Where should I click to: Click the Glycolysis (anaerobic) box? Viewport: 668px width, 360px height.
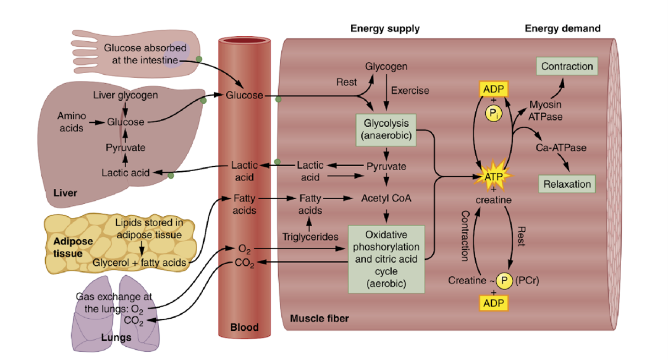tap(385, 129)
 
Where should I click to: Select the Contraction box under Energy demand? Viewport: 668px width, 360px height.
tap(567, 67)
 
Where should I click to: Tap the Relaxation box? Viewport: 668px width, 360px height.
tap(567, 184)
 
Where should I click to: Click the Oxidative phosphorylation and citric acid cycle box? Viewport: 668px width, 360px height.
tap(386, 259)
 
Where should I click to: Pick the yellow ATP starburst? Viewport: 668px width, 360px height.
tap(493, 177)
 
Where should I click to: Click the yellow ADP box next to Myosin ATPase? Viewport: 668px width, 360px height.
tap(493, 89)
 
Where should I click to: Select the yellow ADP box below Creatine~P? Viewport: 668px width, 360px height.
tap(493, 303)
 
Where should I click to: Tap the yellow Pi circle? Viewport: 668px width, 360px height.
tap(493, 113)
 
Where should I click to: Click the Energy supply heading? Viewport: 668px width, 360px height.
tap(385, 29)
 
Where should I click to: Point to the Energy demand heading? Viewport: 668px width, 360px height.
tap(562, 29)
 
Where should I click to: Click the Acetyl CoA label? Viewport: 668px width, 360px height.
tap(386, 198)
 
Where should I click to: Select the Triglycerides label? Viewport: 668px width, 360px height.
tap(310, 237)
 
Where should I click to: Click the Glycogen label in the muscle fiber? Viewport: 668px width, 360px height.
tap(386, 67)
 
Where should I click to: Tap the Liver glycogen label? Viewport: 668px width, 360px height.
tap(126, 95)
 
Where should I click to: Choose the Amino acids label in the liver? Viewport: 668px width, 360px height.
tap(72, 122)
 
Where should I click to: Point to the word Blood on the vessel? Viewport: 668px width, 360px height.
tap(244, 327)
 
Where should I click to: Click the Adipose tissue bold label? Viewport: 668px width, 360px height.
tap(73, 247)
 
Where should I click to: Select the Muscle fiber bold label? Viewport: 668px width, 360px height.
tap(319, 319)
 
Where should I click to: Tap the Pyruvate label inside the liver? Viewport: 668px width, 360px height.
tap(126, 148)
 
